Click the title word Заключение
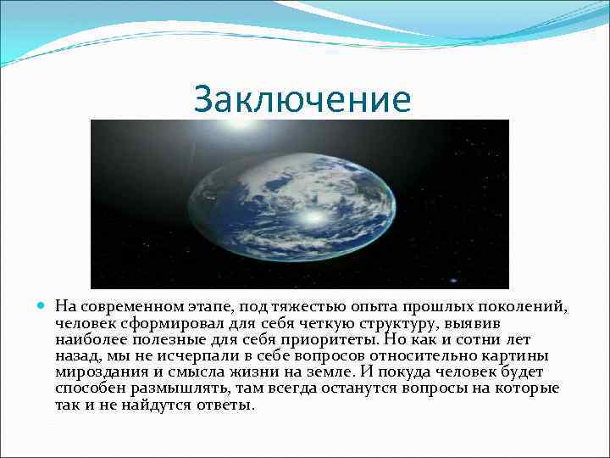[x=302, y=100]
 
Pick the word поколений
[x=521, y=306]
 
